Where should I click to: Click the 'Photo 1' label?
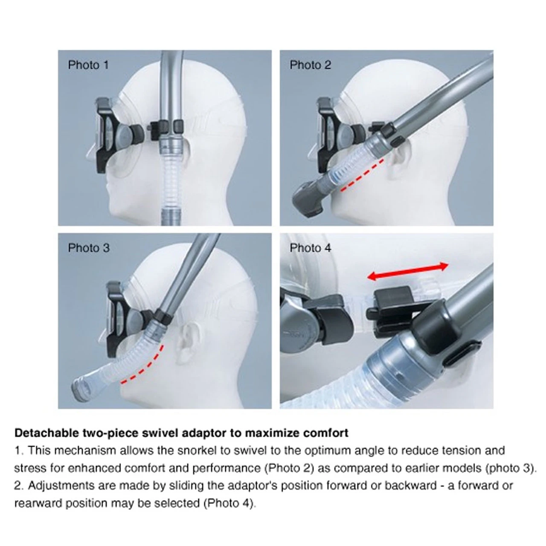coord(88,65)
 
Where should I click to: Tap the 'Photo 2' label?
coord(310,65)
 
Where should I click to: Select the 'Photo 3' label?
coord(89,248)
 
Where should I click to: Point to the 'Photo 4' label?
coord(310,248)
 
